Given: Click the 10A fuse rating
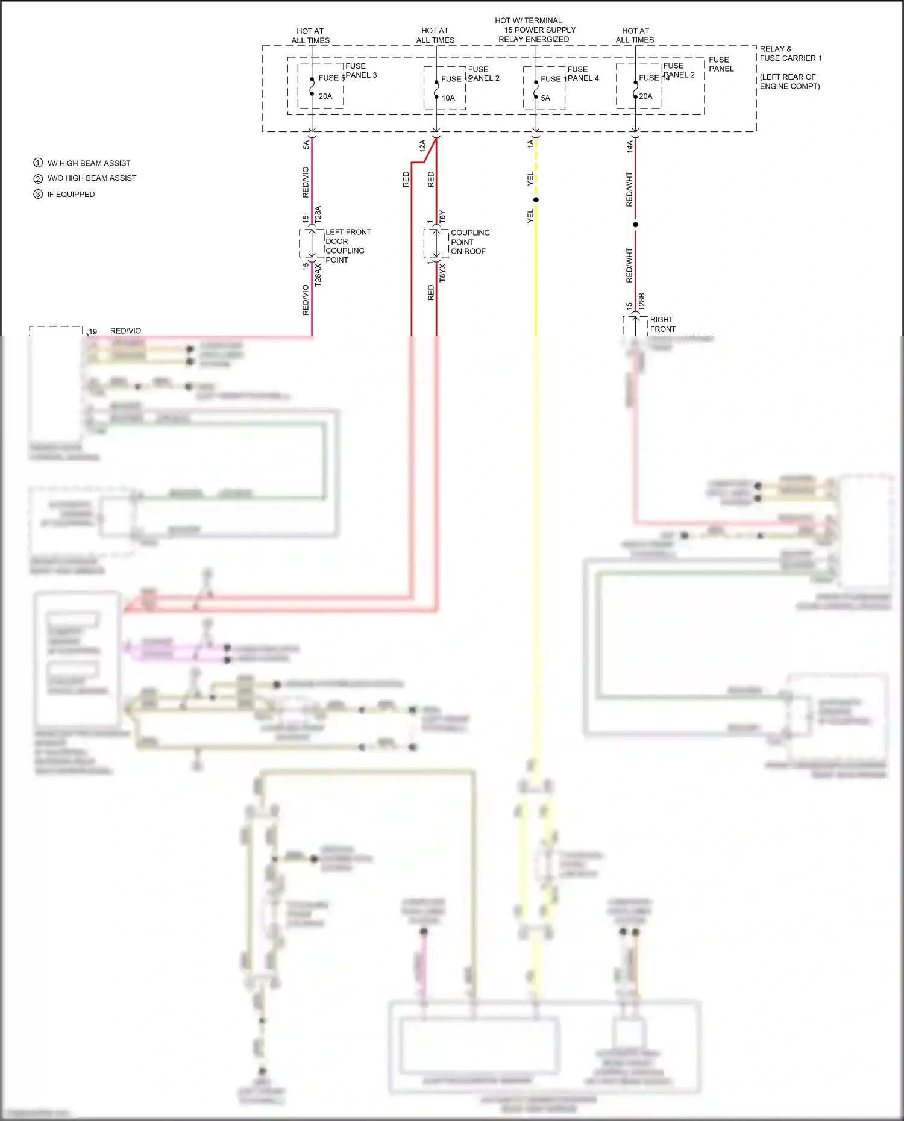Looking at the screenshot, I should pos(448,98).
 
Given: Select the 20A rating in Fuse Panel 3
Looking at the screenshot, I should pos(325,96).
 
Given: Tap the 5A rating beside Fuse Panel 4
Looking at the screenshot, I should pos(545,98).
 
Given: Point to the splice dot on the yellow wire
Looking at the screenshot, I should pos(536,199).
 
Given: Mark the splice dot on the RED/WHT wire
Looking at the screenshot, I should pos(635,225).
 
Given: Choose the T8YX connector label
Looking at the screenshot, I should pos(442,272).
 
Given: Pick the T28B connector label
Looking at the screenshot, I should pos(642,302).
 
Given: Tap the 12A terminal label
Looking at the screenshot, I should pos(423,145).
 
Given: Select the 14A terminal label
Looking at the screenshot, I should pos(630,146).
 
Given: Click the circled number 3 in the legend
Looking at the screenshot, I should pos(38,194).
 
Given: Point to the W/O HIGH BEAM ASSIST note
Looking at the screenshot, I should pos(92,178).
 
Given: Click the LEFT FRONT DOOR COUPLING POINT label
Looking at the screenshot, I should pos(348,246).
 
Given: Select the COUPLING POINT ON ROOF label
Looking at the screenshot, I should pos(470,242).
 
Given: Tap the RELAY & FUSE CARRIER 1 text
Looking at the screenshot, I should pos(790,54).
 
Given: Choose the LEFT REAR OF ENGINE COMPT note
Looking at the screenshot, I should pos(789,81).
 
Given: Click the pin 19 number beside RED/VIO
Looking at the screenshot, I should pos(93,331).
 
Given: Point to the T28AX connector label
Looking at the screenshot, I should pos(318,274).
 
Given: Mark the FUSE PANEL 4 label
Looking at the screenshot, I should pos(583,73).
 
